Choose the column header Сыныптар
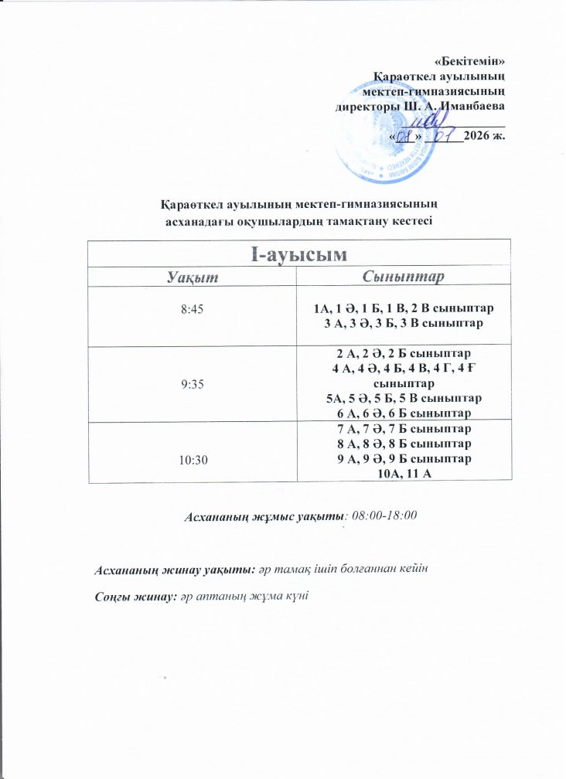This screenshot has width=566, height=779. click(x=407, y=277)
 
